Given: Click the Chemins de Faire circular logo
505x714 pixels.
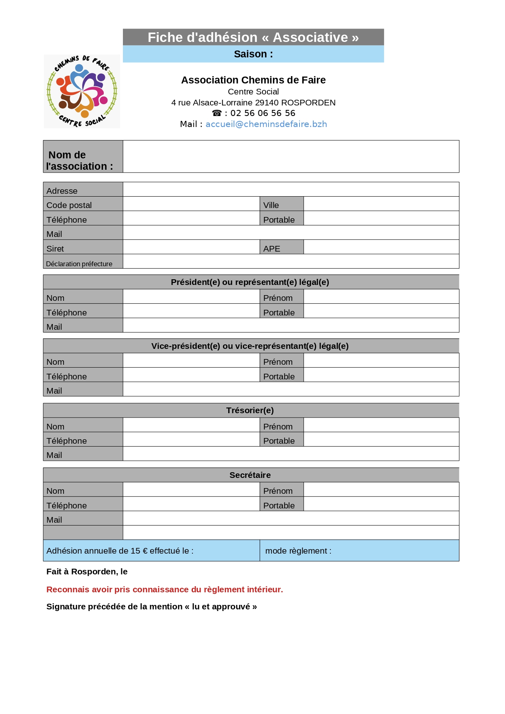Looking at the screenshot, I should (82, 91).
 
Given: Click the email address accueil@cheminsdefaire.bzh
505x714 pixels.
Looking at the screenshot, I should (266, 124).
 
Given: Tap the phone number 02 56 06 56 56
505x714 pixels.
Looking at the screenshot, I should (262, 113).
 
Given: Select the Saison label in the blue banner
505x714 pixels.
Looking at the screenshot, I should (253, 54).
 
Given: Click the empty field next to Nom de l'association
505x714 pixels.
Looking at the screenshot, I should (291, 157).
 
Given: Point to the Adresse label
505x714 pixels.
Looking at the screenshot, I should (62, 191).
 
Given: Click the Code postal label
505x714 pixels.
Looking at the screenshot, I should (69, 205).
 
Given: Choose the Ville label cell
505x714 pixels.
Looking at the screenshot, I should (271, 205).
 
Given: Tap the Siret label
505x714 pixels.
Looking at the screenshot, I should (55, 249).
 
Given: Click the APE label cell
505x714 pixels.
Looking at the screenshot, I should (272, 249).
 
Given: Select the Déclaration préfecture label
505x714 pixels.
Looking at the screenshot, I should (79, 264).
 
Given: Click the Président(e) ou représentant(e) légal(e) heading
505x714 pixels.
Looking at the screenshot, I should (250, 282).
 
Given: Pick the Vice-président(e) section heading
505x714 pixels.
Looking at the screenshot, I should (250, 346).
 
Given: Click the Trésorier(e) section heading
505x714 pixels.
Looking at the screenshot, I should (250, 410).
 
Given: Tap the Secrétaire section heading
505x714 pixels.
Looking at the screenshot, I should (250, 475).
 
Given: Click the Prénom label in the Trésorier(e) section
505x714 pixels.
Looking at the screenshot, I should (278, 427).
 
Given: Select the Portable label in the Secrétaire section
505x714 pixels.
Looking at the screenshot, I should (279, 506).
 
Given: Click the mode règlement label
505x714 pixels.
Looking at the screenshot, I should (298, 551).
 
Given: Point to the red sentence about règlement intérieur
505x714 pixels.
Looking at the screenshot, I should (164, 589).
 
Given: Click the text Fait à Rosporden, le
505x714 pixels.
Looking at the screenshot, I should (87, 572).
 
